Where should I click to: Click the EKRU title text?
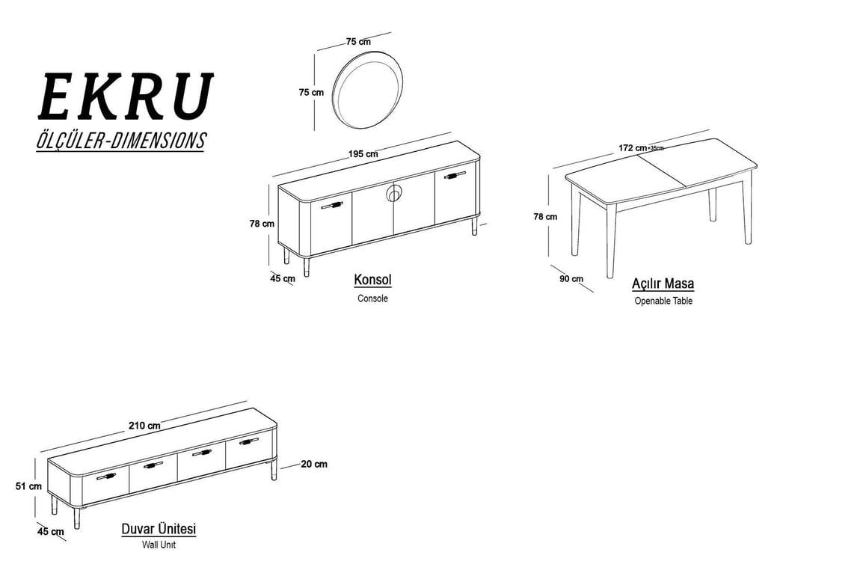[x=125, y=97]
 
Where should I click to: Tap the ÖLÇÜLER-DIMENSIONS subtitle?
[x=120, y=141]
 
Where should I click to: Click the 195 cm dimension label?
[x=363, y=154]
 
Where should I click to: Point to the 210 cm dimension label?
[x=145, y=426]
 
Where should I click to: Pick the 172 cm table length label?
[x=633, y=148]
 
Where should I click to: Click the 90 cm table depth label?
[x=571, y=278]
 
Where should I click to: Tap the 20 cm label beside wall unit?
[x=314, y=464]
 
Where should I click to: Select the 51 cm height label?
[x=28, y=486]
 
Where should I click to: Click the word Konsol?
[x=373, y=280]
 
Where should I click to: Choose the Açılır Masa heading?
[x=663, y=284]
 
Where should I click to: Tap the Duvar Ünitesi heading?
[x=159, y=529]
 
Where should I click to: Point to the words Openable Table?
[x=663, y=301]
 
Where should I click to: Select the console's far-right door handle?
[x=455, y=176]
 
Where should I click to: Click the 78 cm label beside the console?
[x=262, y=224]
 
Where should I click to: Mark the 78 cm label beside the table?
[x=545, y=217]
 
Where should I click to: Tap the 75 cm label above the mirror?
[x=358, y=42]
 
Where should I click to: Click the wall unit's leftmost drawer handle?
[x=106, y=476]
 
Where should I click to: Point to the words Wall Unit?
[x=159, y=545]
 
